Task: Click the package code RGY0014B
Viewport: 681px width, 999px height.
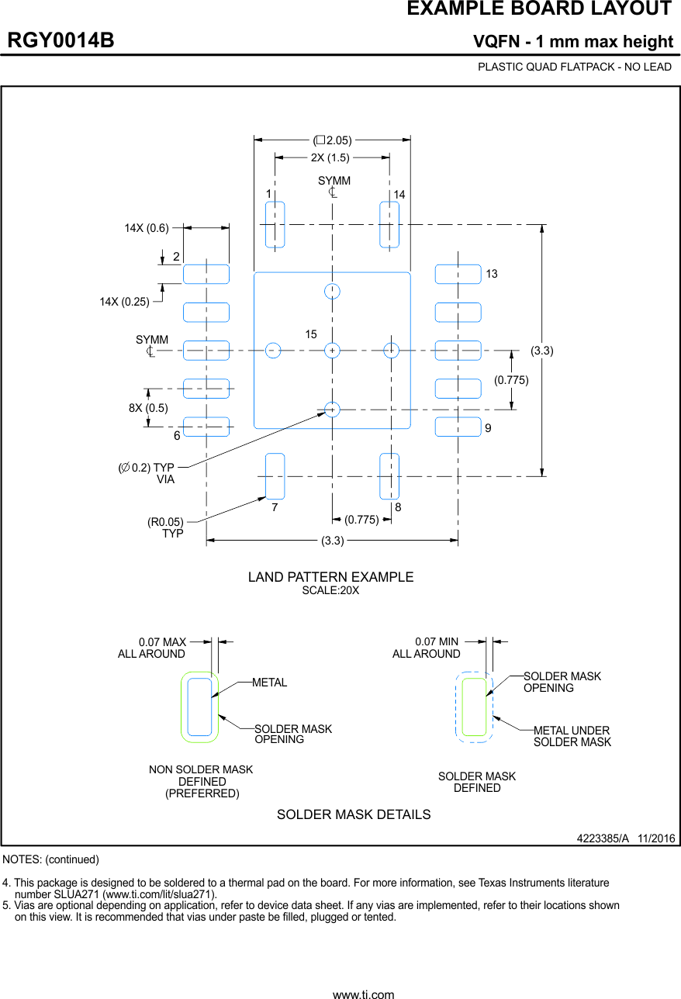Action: pyautogui.click(x=61, y=41)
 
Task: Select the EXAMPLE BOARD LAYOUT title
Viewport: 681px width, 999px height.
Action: pyautogui.click(x=539, y=9)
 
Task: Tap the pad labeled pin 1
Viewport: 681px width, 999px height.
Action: pyautogui.click(x=275, y=225)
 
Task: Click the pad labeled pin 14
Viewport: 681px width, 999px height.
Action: pyautogui.click(x=389, y=225)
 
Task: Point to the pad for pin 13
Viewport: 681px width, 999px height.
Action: pyautogui.click(x=458, y=275)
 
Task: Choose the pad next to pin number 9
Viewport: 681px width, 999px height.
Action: pyautogui.click(x=458, y=427)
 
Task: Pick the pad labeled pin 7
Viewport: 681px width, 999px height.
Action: pyautogui.click(x=275, y=476)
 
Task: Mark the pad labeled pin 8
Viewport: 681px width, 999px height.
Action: pyautogui.click(x=389, y=476)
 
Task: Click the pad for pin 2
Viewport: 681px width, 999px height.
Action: pyautogui.click(x=206, y=275)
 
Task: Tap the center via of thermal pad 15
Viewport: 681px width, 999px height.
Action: pyautogui.click(x=332, y=351)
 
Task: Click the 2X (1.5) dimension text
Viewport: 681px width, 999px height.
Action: pyautogui.click(x=330, y=157)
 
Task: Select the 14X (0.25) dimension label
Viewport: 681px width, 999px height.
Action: pyautogui.click(x=124, y=302)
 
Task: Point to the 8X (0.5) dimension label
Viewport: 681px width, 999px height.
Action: pyautogui.click(x=148, y=408)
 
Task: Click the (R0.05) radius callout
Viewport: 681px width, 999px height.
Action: pyautogui.click(x=165, y=523)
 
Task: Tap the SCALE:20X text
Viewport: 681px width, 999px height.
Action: pyautogui.click(x=330, y=591)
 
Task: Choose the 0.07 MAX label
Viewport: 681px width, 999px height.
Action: pyautogui.click(x=162, y=642)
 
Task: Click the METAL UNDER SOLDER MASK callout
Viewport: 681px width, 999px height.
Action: pyautogui.click(x=572, y=737)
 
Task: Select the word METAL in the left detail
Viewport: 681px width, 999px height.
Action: pyautogui.click(x=269, y=683)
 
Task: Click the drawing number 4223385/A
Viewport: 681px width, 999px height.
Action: pyautogui.click(x=603, y=839)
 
